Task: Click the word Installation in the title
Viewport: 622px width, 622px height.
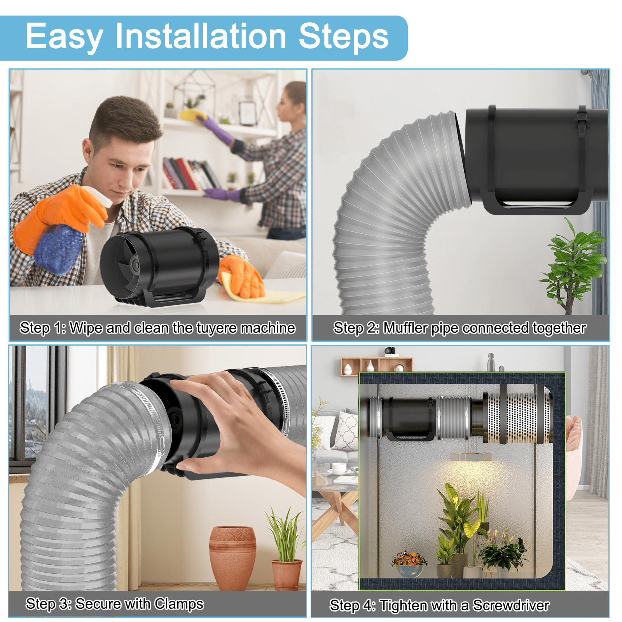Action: pos(201,36)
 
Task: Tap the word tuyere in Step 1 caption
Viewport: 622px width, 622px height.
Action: pos(217,328)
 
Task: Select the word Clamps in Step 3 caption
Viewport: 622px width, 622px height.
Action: pos(179,604)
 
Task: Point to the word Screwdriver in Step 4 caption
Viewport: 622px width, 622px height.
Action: pos(511,605)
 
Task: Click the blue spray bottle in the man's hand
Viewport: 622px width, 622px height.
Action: pos(58,249)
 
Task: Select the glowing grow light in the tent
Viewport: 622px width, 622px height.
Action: pos(470,457)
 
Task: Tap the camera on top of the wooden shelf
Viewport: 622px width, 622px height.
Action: pos(390,351)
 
